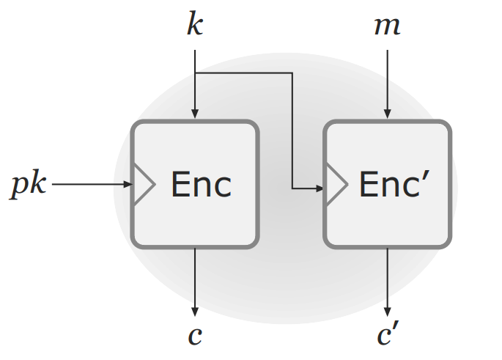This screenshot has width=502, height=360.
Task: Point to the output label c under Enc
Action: tap(195, 334)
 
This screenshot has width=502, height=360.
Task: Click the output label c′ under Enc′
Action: tap(388, 334)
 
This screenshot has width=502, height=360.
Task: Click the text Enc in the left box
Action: tap(201, 184)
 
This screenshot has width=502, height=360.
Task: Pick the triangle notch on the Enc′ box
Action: tap(336, 184)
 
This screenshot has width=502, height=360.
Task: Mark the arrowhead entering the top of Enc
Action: tap(195, 114)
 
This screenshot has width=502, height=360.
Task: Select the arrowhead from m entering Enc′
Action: tap(387, 114)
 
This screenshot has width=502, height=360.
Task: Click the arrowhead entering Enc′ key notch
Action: tap(320, 189)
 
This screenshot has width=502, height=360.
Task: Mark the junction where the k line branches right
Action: tap(195, 73)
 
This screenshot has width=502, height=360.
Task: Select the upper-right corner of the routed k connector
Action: tap(292, 73)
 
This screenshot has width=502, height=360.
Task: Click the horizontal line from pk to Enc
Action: tap(88, 184)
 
